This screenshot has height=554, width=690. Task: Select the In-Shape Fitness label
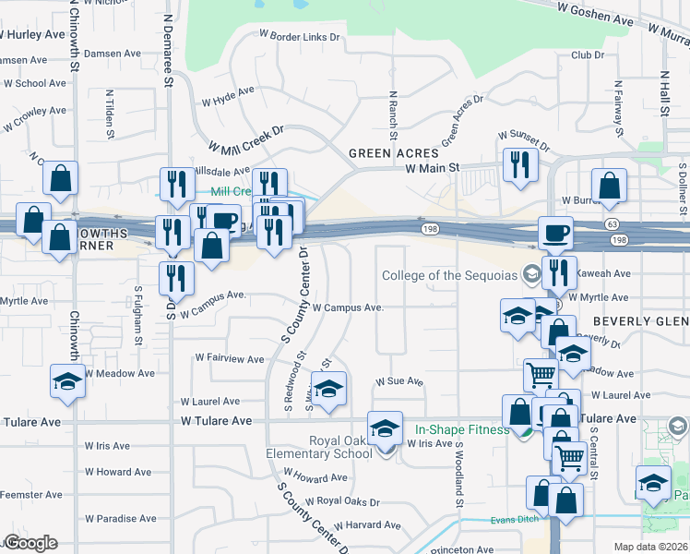tap(462, 429)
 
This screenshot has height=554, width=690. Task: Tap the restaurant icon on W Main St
tap(520, 166)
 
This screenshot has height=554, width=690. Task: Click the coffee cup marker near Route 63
tap(556, 233)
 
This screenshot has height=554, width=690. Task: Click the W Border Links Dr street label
tap(300, 37)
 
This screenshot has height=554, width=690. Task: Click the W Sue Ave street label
tap(399, 381)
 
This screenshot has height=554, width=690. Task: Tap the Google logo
tap(30, 543)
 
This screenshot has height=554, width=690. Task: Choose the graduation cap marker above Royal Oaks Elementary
tap(385, 428)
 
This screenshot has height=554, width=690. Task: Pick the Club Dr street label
tap(587, 55)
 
